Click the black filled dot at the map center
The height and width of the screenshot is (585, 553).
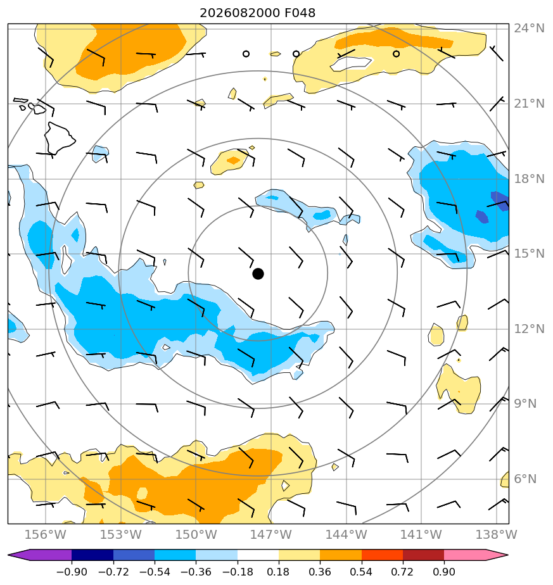pos(258,274)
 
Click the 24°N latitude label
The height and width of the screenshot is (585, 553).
pos(529,28)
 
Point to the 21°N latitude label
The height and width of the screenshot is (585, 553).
pos(529,104)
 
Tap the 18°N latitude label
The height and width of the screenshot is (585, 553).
pos(529,179)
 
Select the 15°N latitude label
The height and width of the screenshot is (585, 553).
pos(529,254)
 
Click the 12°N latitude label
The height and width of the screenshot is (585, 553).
pos(529,329)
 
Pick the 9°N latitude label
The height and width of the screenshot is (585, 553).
pos(525,404)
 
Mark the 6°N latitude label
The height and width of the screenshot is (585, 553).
pos(525,479)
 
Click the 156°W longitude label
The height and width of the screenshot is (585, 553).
pos(45,534)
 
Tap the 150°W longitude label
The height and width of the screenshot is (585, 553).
pos(196,534)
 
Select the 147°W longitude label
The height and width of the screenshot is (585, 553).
pos(270,534)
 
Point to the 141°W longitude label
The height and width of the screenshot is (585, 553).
pos(421,534)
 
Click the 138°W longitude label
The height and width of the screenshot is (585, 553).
pos(496,534)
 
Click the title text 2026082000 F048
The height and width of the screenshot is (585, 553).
pos(258,13)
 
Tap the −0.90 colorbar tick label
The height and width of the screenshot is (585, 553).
pos(72,572)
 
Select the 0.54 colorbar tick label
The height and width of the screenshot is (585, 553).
pos(361,572)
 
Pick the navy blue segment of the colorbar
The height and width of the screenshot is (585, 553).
pos(92,555)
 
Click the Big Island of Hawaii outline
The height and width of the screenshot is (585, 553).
pos(59,139)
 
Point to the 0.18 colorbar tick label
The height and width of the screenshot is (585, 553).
pos(278,572)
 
